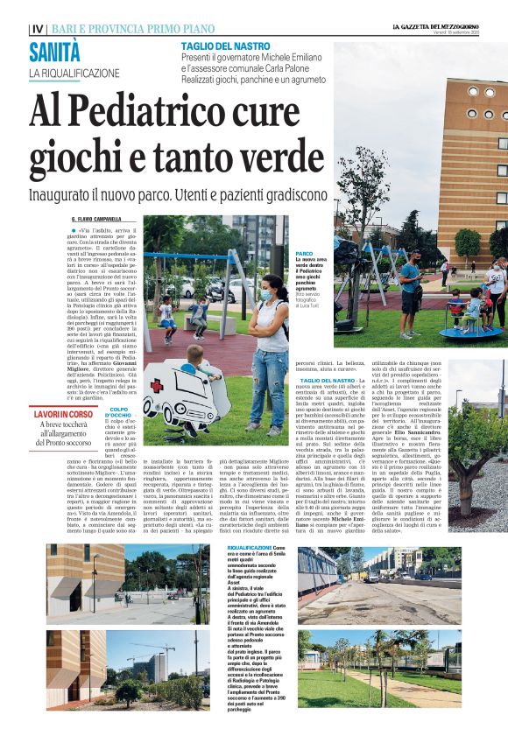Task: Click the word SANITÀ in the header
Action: (54, 52)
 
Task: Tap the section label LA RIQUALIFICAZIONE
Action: (74, 73)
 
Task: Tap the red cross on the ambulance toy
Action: (156, 387)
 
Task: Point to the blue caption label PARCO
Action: (304, 253)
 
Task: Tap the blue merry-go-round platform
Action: (459, 332)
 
